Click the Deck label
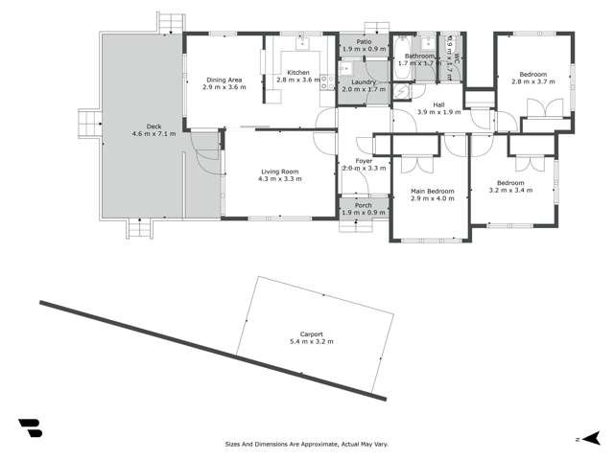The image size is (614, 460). [154, 126]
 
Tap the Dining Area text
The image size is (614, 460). [224, 80]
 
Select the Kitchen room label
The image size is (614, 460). [297, 73]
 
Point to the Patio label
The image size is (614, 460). [365, 42]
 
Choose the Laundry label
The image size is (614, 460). [363, 81]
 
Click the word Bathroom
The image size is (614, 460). [419, 56]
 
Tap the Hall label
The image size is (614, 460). [439, 104]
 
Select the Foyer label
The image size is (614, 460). [364, 161]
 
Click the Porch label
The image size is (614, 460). [364, 205]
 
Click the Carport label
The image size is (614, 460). [310, 333]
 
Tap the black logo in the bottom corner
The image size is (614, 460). [30, 427]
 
